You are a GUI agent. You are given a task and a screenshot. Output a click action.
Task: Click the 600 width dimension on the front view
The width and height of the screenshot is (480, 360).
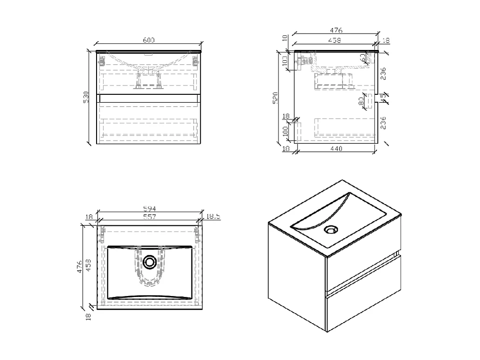(148, 41)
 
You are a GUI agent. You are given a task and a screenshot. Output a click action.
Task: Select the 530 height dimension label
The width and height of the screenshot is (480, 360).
(86, 97)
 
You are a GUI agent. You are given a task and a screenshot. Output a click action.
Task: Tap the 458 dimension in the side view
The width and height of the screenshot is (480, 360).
(334, 41)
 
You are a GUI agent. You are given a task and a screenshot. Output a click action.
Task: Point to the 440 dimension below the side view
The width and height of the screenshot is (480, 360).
(336, 149)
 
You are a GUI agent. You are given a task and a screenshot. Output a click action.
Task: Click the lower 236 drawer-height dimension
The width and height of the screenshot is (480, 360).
(383, 123)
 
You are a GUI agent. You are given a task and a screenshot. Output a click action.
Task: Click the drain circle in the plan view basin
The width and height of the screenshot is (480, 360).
(150, 262)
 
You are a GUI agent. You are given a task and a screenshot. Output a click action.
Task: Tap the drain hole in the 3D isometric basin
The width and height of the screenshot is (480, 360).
(331, 229)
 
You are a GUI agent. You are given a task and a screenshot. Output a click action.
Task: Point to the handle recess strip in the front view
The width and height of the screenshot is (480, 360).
(148, 98)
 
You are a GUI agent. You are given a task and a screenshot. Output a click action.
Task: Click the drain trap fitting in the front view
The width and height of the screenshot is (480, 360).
(148, 79)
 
